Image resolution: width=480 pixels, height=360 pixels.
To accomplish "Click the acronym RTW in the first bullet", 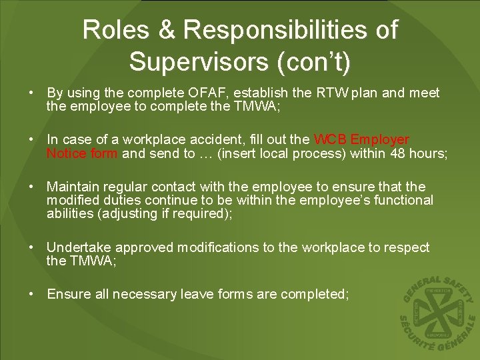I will click(x=331, y=93).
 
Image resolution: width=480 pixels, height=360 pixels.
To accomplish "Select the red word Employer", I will click(x=380, y=140).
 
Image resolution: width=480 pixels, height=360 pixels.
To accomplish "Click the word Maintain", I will click(x=71, y=187).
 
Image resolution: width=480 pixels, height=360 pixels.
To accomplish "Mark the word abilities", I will click(x=69, y=213).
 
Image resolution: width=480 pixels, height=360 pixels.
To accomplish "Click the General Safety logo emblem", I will click(x=437, y=312).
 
